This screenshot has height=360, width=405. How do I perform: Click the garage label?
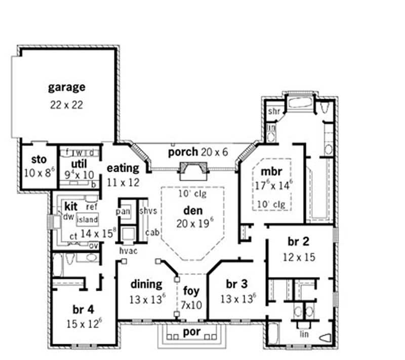[66, 87]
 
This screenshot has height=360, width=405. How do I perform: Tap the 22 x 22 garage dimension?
[66, 105]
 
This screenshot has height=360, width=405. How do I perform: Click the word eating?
[123, 168]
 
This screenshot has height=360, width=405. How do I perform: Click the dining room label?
[146, 284]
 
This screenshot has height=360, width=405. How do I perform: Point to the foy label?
[191, 291]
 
